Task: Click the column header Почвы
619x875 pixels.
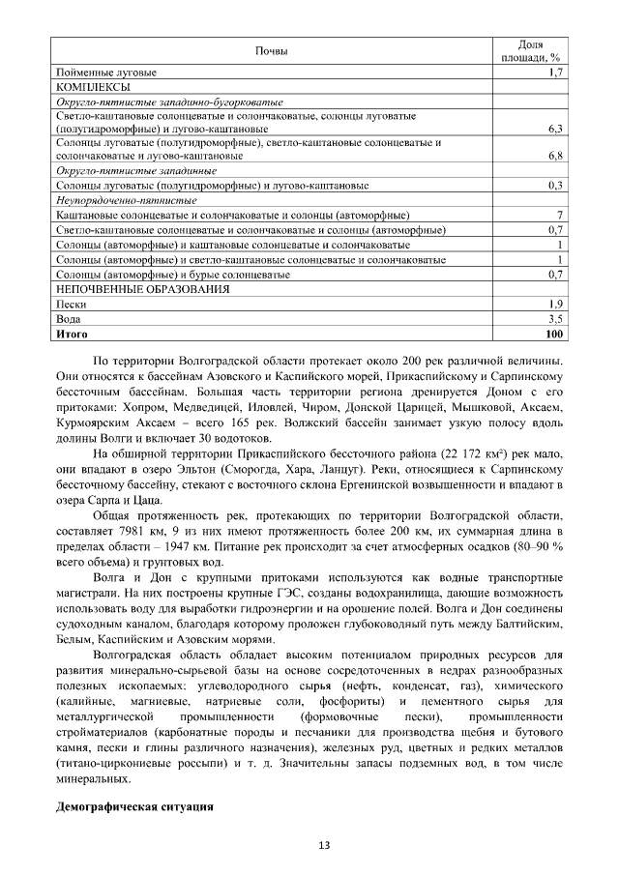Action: point(271,50)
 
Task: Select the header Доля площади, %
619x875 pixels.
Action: point(530,50)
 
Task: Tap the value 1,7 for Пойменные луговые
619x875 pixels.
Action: point(556,73)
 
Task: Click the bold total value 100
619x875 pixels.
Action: point(554,333)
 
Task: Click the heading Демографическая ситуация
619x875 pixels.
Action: point(133,805)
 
